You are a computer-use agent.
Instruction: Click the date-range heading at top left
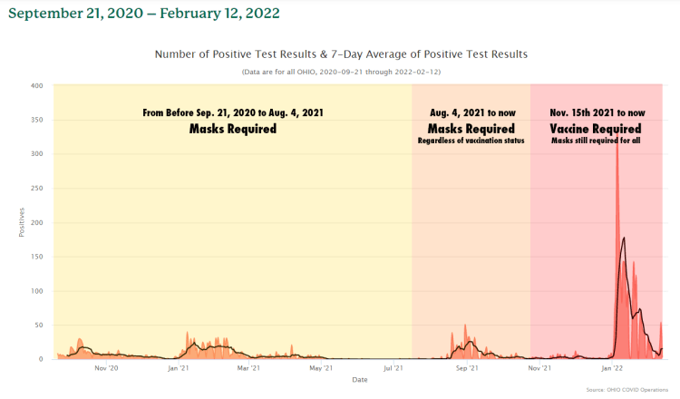[143, 14]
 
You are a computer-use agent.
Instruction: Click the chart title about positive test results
[341, 54]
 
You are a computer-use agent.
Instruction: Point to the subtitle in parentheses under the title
[341, 72]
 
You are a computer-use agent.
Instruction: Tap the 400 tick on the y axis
[36, 86]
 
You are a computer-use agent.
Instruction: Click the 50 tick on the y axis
[39, 325]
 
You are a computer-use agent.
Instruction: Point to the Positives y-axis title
[22, 223]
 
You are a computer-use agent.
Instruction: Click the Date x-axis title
[360, 379]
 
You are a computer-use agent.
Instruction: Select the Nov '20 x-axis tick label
[107, 368]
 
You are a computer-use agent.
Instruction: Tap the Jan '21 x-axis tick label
[179, 368]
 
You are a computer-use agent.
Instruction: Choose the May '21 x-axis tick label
[320, 368]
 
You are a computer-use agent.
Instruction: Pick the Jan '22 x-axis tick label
[612, 368]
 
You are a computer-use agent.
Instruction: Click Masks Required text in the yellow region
[232, 130]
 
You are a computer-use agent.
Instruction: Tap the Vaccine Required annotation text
[596, 129]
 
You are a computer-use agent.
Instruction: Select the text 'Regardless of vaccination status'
[471, 141]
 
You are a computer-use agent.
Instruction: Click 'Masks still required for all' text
[596, 141]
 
